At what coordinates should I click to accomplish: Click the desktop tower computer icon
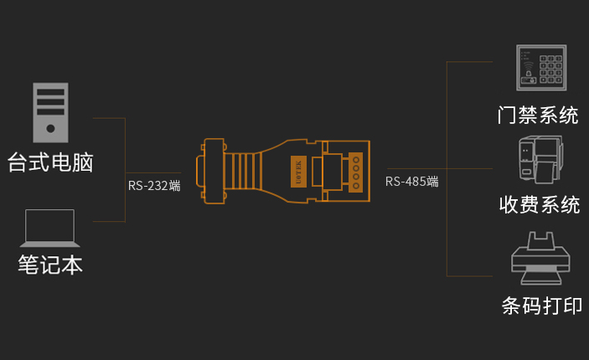click(x=49, y=112)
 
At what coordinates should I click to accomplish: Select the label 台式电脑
click(x=50, y=162)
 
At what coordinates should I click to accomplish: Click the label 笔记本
click(x=50, y=265)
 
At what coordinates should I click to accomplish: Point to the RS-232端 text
click(x=154, y=186)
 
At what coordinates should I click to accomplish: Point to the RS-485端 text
click(x=411, y=182)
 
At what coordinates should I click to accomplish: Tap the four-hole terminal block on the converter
click(x=355, y=171)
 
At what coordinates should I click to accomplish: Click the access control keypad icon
click(x=540, y=69)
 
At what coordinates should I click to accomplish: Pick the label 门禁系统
click(x=538, y=116)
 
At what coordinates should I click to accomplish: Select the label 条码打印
click(x=541, y=306)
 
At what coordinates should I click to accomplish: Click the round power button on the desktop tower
click(x=50, y=129)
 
